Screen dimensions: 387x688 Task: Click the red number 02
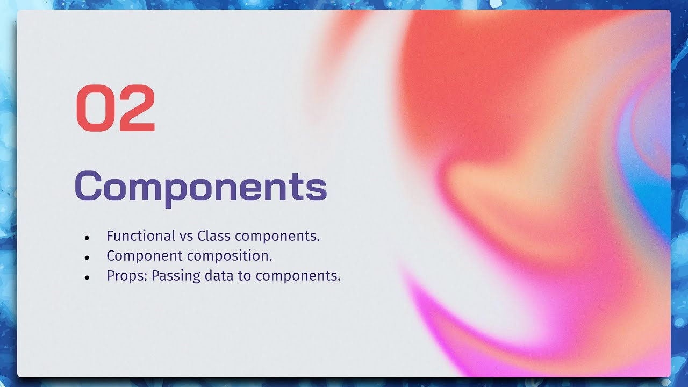point(116,109)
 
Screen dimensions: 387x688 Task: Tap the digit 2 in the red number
point(137,109)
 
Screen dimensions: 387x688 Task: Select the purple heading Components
point(200,187)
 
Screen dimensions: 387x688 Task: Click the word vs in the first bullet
point(186,236)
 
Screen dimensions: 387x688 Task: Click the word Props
point(127,276)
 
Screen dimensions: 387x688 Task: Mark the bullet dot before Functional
point(87,238)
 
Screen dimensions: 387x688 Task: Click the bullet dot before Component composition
point(87,257)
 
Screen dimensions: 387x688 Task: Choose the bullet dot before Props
point(87,277)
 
